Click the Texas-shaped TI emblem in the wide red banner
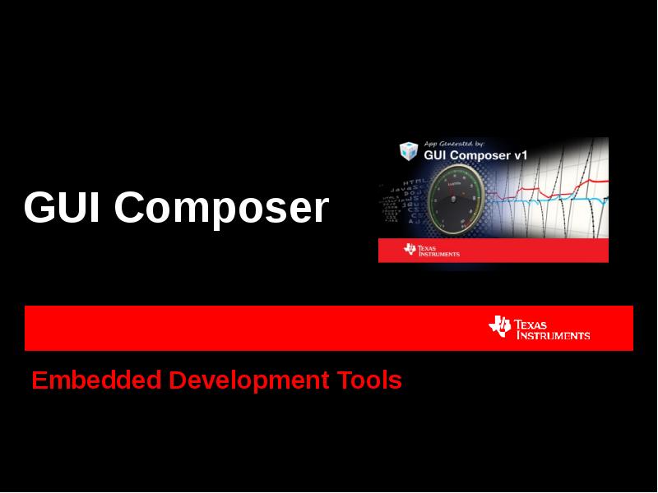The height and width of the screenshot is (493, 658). [x=499, y=326]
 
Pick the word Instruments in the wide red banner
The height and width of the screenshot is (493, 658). [x=553, y=335]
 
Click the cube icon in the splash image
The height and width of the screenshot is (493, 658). [x=408, y=151]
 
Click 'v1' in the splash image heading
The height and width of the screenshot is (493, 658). [x=519, y=154]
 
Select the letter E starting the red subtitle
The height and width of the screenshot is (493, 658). [x=38, y=380]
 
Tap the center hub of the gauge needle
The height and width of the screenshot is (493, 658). [x=452, y=199]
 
